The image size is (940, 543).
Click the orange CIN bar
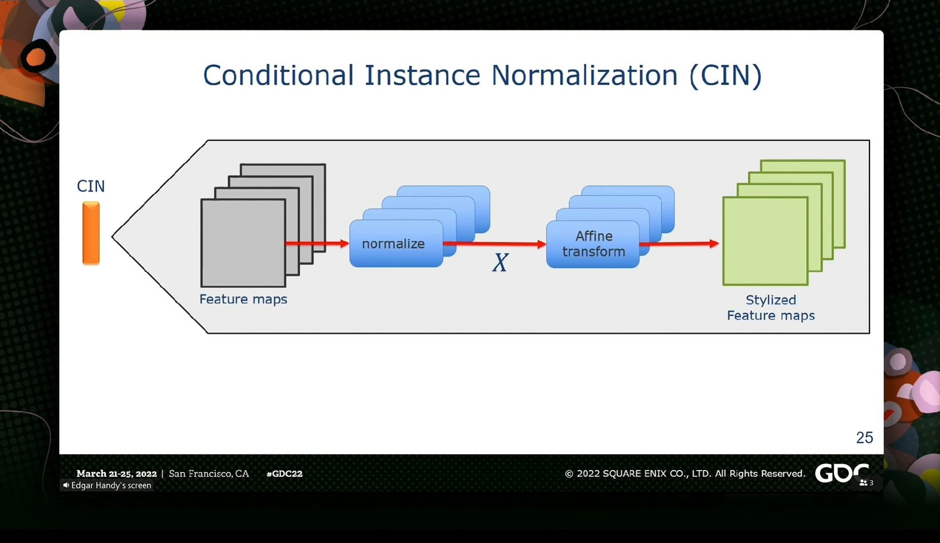point(91,233)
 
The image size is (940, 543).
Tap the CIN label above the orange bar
point(91,186)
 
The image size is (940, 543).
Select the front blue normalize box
point(396,243)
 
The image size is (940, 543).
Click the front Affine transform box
point(593,244)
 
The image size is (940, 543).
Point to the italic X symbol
point(500,263)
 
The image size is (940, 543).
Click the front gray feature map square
point(243,243)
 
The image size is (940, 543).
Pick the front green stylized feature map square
point(765,241)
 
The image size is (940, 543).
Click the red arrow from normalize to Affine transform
point(495,244)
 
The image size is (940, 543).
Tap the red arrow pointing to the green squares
point(679,244)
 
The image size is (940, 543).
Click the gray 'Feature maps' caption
point(243,299)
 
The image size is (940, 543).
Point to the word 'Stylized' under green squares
point(771,300)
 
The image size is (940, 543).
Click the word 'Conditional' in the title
point(278,75)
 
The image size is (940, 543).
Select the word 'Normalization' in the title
point(584,75)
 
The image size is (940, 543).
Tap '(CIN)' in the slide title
point(725,76)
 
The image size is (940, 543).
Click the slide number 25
point(864,438)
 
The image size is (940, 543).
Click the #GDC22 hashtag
point(285,474)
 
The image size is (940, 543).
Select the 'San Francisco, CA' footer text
point(209,474)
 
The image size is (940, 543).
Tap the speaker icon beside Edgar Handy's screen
point(66,485)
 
